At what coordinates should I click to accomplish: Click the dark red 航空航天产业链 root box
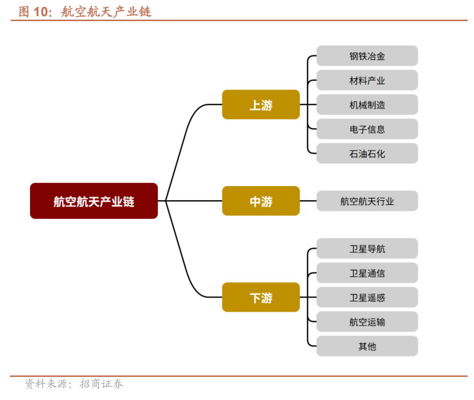click(94, 201)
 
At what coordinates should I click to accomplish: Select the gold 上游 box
click(261, 105)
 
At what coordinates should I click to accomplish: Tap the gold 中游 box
click(261, 201)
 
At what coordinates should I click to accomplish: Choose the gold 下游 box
click(261, 297)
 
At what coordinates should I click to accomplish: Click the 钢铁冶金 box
click(367, 56)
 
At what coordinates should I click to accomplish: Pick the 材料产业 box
click(367, 80)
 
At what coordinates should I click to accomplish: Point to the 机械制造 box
click(367, 105)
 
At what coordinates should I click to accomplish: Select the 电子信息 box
click(367, 129)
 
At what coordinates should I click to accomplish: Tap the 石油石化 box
click(367, 154)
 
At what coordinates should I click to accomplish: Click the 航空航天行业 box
click(367, 201)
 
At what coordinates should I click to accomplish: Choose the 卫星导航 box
click(367, 249)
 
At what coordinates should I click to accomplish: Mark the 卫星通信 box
click(367, 273)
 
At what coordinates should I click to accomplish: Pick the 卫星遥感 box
click(367, 297)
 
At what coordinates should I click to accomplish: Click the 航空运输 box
click(367, 322)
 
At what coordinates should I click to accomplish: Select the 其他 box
click(367, 346)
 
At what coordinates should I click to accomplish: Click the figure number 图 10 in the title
click(34, 12)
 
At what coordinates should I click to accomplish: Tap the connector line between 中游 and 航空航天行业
click(308, 201)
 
